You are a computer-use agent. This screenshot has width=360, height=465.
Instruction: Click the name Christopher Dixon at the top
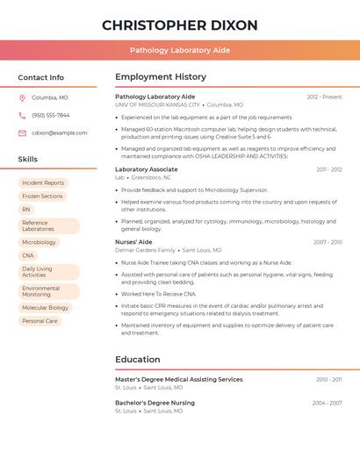coord(180,25)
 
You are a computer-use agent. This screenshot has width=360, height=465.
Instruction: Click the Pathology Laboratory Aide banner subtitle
coord(180,50)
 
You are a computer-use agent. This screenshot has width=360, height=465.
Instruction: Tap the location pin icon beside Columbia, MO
coord(22,98)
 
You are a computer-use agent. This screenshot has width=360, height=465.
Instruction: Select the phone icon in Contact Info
coord(22,116)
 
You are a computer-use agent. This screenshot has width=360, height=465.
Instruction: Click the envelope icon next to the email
coord(22,133)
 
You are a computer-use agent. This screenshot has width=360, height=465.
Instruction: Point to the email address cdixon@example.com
coord(60,133)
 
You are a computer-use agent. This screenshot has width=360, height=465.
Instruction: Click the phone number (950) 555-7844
coord(51,116)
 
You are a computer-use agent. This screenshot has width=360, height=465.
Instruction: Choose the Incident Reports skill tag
coord(43,183)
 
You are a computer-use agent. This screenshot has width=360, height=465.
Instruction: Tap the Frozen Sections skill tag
coord(42,197)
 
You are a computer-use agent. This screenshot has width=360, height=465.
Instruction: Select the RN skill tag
coord(26,210)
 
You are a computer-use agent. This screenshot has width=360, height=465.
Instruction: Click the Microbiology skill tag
coord(39,242)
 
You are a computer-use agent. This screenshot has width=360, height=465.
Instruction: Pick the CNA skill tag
coord(28,255)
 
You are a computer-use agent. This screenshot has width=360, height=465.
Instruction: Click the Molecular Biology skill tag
coord(45,308)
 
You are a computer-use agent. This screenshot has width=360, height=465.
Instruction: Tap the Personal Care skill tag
coord(40,321)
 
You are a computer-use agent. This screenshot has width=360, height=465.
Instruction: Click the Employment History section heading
coord(161,77)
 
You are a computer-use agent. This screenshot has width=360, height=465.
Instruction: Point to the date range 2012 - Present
coord(324,97)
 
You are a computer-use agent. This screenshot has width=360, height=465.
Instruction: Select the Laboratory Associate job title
coord(147,169)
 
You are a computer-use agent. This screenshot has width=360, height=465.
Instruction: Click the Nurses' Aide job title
coord(133,242)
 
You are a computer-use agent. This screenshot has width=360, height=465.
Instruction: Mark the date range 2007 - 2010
coord(328,242)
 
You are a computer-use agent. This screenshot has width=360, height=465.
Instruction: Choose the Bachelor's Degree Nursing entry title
coord(155,403)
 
